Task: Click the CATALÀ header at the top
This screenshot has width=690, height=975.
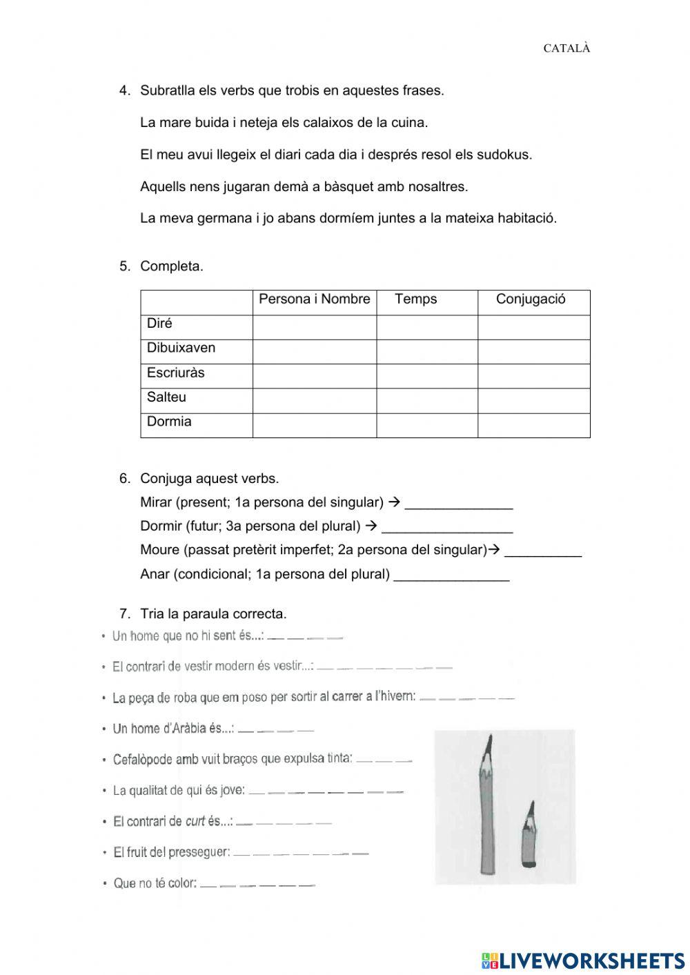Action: click(x=566, y=48)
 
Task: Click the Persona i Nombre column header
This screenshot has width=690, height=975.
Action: click(x=314, y=299)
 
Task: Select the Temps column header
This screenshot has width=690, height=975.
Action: click(x=416, y=299)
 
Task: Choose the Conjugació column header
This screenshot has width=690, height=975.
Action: click(x=531, y=299)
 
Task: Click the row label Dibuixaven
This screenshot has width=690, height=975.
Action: click(x=181, y=348)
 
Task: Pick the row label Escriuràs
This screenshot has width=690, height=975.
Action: click(x=176, y=373)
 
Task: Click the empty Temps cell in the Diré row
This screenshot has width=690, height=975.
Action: click(x=427, y=327)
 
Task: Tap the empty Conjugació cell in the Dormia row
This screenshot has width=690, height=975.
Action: click(x=533, y=425)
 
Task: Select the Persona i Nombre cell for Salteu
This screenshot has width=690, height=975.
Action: click(x=314, y=400)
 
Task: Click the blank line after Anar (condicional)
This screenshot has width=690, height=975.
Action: click(x=451, y=576)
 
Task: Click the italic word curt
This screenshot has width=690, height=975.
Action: click(x=195, y=822)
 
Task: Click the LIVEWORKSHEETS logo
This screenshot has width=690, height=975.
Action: click(x=584, y=960)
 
